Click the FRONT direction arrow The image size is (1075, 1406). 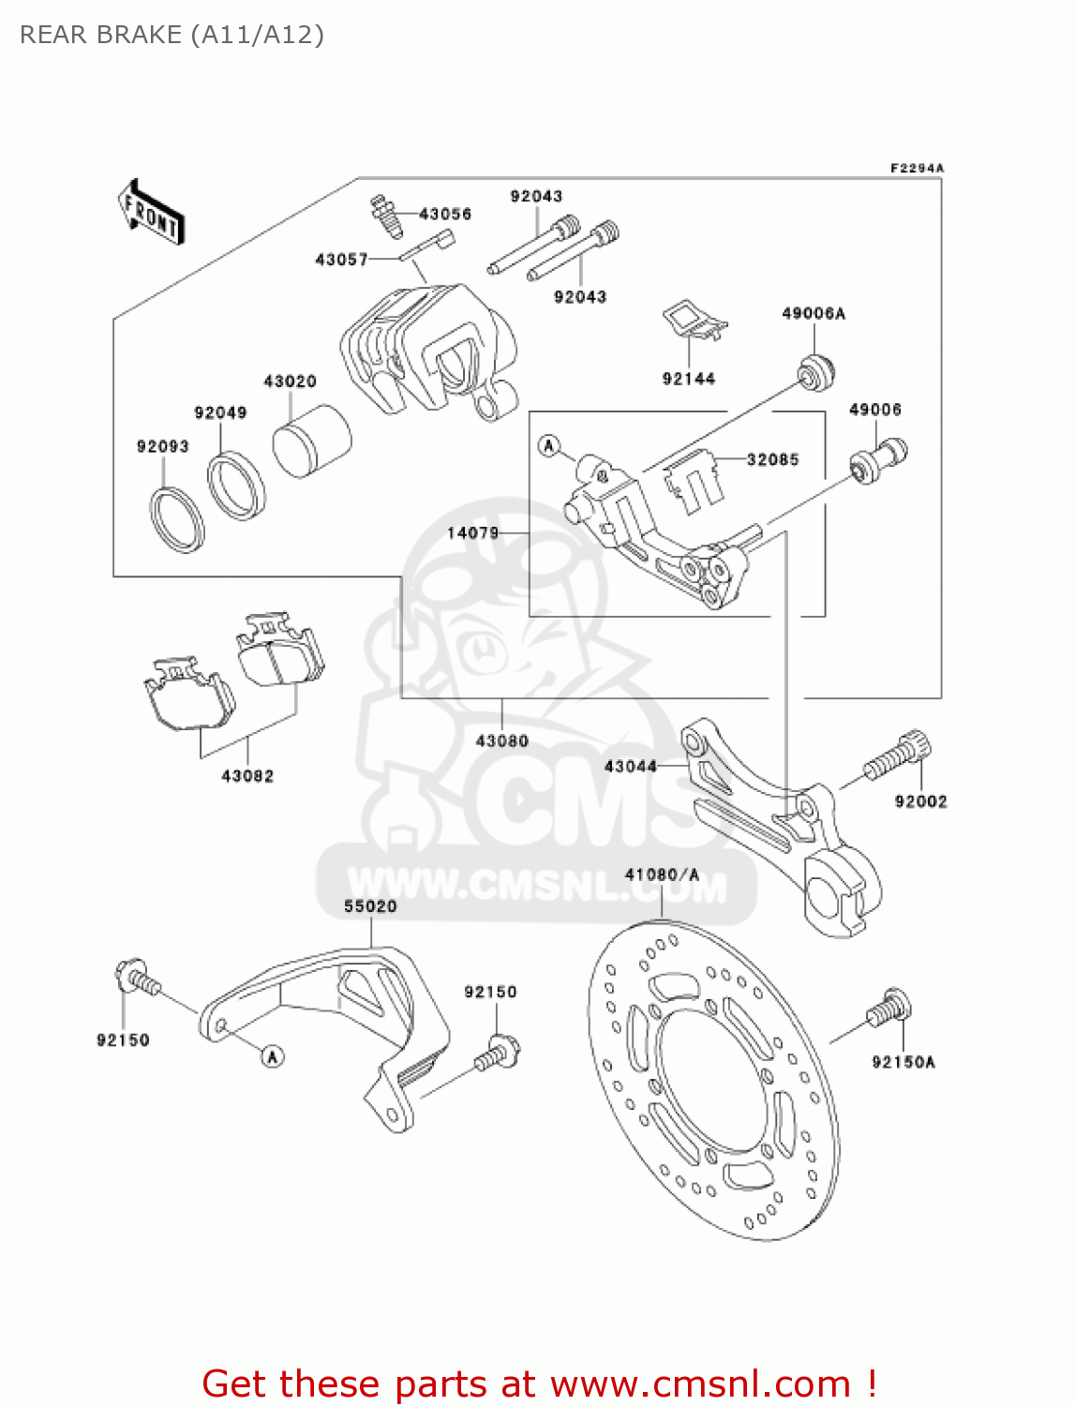(x=150, y=212)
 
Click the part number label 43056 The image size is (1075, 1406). (x=444, y=214)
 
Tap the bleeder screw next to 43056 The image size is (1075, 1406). (x=385, y=217)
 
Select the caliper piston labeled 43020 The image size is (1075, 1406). (x=311, y=441)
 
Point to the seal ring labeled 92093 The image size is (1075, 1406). (x=176, y=519)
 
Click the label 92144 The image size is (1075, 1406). (x=688, y=379)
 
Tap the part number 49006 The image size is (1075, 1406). (x=874, y=410)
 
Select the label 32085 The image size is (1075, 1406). (x=772, y=459)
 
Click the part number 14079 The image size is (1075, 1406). (x=472, y=532)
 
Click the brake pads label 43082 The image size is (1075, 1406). (x=247, y=776)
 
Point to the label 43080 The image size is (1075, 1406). (x=501, y=740)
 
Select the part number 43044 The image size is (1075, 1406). (x=630, y=766)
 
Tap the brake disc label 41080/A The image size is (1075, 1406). (x=662, y=875)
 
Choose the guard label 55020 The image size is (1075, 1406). (x=370, y=906)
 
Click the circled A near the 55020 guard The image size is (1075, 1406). (x=272, y=1056)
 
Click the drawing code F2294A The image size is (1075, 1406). (x=917, y=168)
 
